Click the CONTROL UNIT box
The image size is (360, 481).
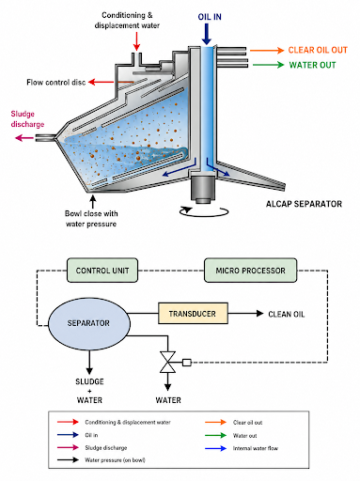pos(102,271)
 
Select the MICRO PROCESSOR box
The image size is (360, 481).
pos(250,271)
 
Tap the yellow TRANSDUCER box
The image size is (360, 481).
pos(193,313)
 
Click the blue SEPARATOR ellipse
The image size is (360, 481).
pos(89,323)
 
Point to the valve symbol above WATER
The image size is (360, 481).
pos(167,363)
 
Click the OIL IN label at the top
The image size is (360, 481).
pos(210,17)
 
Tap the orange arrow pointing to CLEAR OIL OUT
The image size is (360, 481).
pos(267,50)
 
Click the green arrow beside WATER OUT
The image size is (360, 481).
pos(269,65)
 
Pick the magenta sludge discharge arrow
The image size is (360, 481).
pos(24,137)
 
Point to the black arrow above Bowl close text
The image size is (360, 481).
pos(92,201)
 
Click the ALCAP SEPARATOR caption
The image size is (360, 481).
pos(304,204)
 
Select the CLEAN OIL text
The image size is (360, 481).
pos(287,314)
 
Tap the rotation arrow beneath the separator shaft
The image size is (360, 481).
pos(204,211)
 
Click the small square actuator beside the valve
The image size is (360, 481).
pos(187,363)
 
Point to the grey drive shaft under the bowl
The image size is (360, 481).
pos(203,190)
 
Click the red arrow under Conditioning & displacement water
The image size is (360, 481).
pos(136,41)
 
